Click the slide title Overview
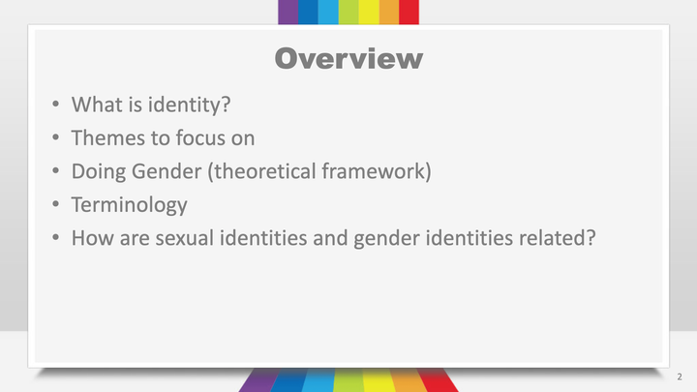(348, 58)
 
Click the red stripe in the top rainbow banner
(409, 12)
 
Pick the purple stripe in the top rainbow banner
(288, 12)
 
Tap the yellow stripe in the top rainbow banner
(368, 12)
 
